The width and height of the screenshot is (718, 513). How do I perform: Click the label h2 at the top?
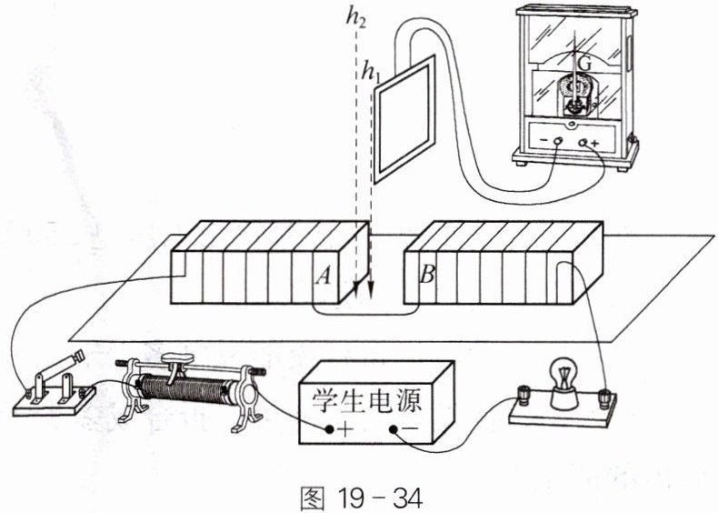pos(355,19)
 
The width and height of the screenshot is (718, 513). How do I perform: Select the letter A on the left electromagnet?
pos(323,276)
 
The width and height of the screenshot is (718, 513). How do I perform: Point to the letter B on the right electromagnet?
pos(427,275)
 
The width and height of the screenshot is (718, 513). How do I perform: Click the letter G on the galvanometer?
pos(584,65)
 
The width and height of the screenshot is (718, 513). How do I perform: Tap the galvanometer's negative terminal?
pos(558,141)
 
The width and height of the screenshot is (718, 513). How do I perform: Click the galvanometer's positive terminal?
pos(583,143)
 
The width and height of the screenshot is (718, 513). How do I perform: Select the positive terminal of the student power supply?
pos(329,429)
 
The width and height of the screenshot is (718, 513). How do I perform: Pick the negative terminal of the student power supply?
pos(393,429)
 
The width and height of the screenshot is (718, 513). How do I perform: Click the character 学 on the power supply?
pos(325,401)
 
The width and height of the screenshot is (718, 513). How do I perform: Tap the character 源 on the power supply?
pos(407,401)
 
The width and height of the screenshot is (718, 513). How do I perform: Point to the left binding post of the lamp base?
pos(523,397)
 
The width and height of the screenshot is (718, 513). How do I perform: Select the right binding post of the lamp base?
pos(604,398)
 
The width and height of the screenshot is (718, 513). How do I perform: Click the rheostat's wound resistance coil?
pos(184,393)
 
